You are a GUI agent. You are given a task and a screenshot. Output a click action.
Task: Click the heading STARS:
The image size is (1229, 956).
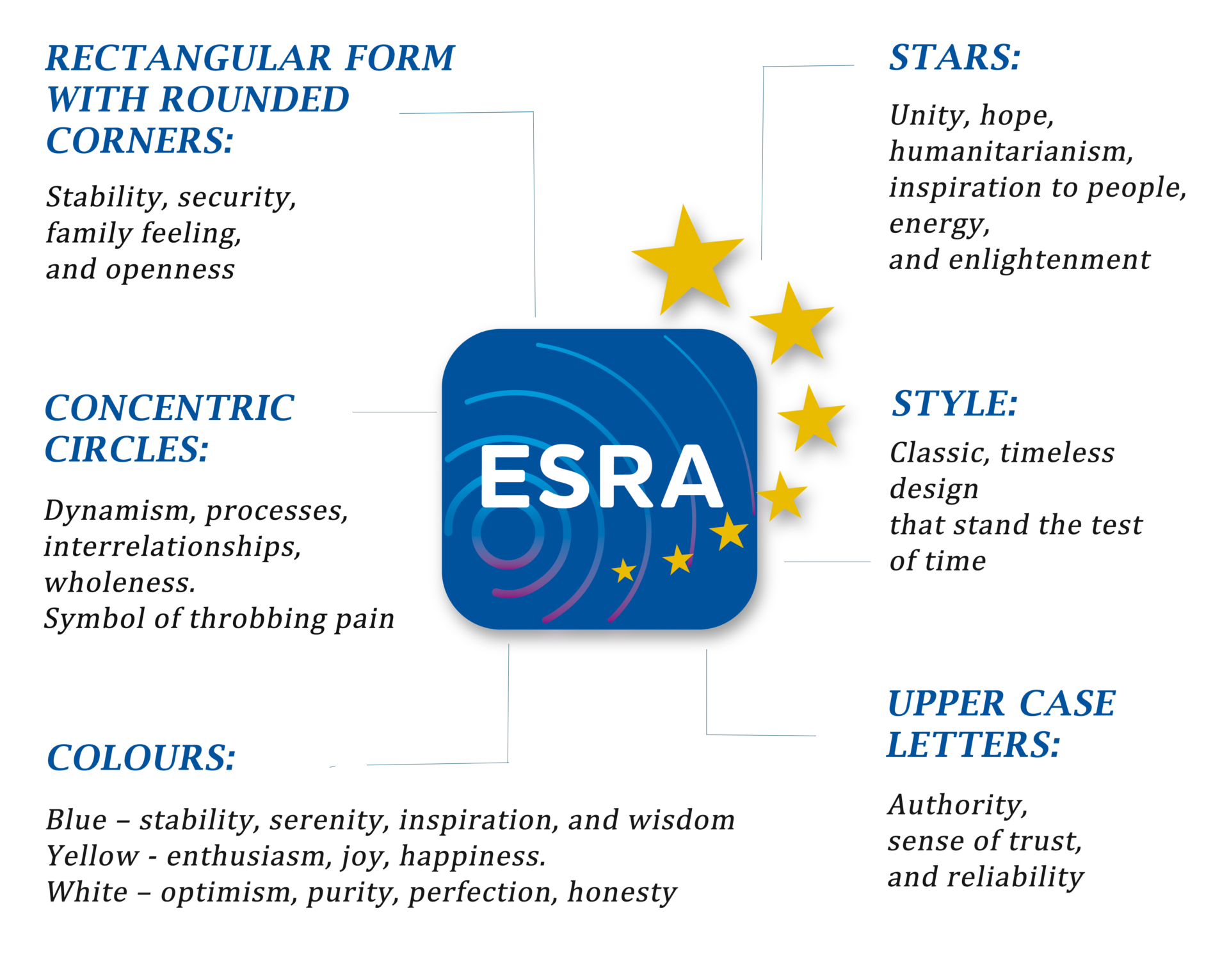[x=954, y=58]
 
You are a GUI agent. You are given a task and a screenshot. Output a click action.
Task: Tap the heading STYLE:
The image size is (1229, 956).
[x=954, y=404]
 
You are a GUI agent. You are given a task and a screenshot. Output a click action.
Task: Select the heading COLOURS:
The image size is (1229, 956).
[x=141, y=759]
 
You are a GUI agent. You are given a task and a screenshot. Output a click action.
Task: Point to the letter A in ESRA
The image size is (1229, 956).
[x=690, y=476]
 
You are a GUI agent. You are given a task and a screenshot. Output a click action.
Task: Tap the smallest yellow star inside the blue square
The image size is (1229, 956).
[x=623, y=570]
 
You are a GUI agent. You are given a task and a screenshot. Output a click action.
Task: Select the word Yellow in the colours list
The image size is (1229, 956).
[x=93, y=856]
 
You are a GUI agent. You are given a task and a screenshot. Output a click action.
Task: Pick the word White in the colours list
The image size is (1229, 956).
[x=87, y=892]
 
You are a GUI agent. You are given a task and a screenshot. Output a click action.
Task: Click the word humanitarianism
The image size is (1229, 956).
[x=1011, y=152]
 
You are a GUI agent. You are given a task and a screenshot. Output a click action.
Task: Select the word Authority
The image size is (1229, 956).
[x=957, y=805]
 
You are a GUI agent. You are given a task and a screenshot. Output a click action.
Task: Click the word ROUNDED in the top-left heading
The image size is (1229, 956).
[x=254, y=100]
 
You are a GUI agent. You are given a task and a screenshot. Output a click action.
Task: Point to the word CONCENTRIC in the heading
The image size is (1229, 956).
[x=169, y=409]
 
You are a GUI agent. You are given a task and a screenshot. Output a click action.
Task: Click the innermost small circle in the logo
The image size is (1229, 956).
[x=508, y=533]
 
